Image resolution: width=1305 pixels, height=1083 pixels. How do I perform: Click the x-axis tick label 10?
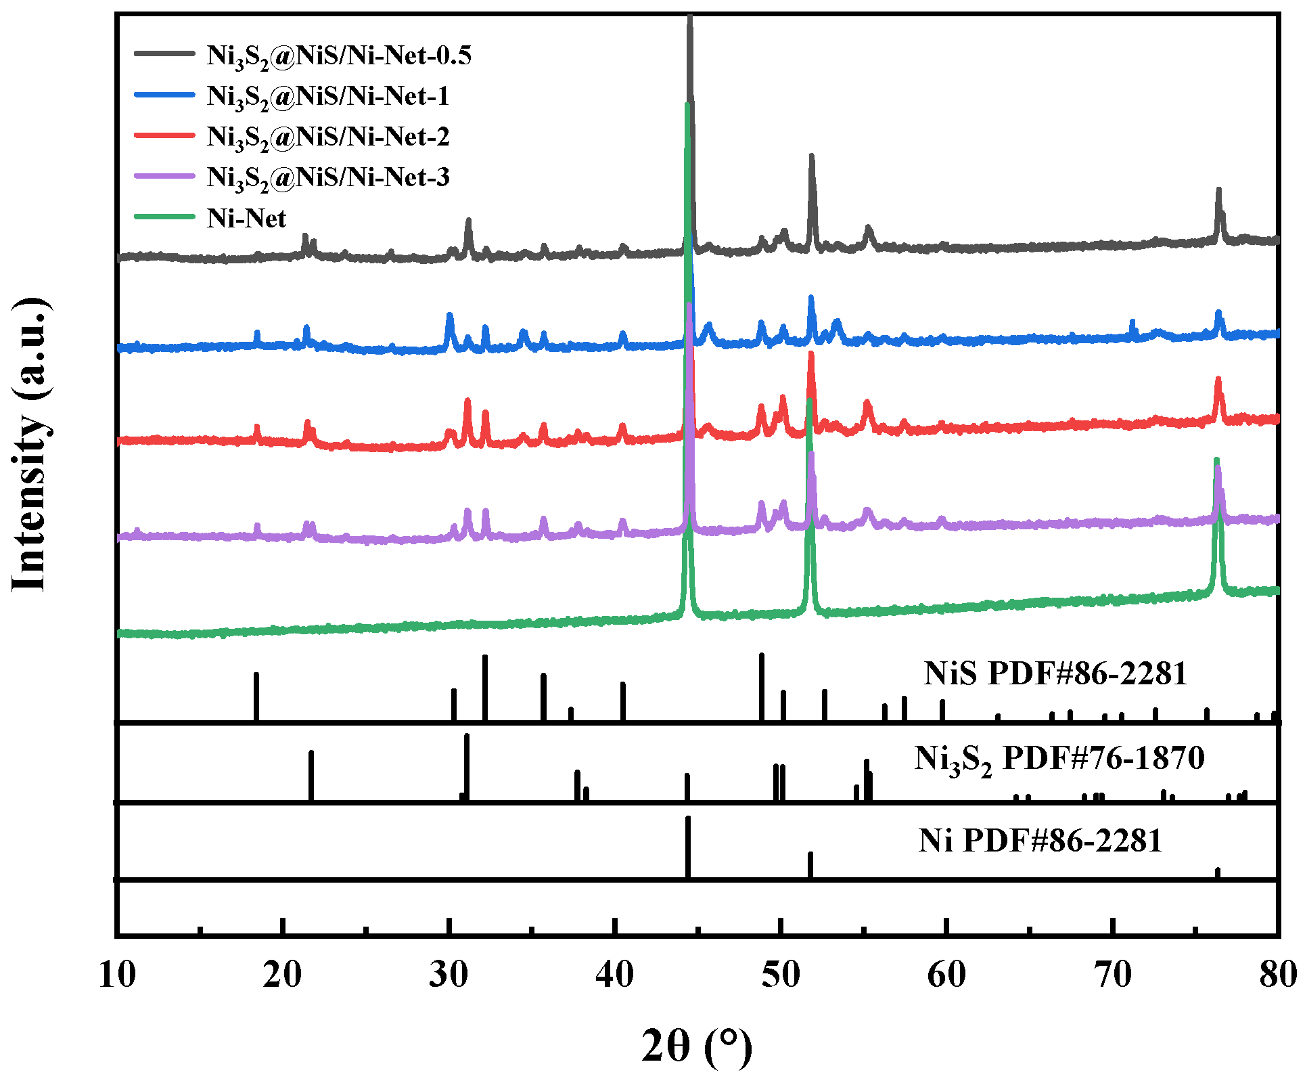(117, 975)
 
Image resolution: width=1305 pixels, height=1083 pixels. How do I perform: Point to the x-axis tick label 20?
(283, 975)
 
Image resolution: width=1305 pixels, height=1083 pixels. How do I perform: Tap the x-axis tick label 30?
(449, 975)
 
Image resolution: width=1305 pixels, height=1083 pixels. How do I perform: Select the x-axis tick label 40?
(615, 975)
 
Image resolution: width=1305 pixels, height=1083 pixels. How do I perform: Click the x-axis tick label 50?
(781, 975)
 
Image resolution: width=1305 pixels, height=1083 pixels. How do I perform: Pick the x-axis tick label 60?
(946, 975)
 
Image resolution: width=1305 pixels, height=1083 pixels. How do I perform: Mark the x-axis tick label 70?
(1112, 975)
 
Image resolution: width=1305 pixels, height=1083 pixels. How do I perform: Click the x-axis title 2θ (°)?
(697, 1046)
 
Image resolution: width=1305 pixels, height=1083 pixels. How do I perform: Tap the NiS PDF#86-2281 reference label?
(1055, 673)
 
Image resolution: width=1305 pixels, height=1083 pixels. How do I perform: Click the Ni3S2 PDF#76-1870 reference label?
(1059, 759)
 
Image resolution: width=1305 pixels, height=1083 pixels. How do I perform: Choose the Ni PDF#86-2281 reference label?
(1040, 841)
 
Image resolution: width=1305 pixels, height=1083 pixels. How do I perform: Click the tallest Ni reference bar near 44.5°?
(688, 846)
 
